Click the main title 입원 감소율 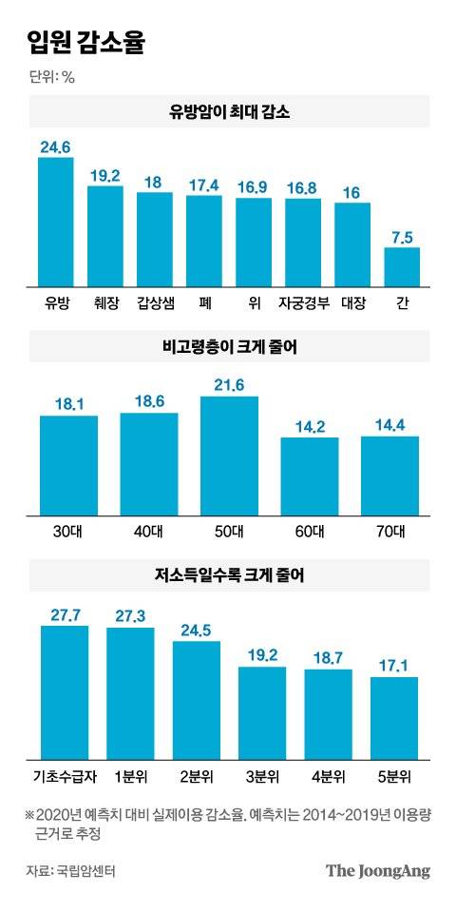[x=86, y=43]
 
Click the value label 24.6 [x=56, y=146]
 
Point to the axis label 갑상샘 [x=155, y=304]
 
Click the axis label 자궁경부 [x=303, y=304]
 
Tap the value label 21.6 [x=229, y=384]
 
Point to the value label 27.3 [x=130, y=616]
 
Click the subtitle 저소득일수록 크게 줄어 [x=228, y=574]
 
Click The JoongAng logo [x=377, y=870]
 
